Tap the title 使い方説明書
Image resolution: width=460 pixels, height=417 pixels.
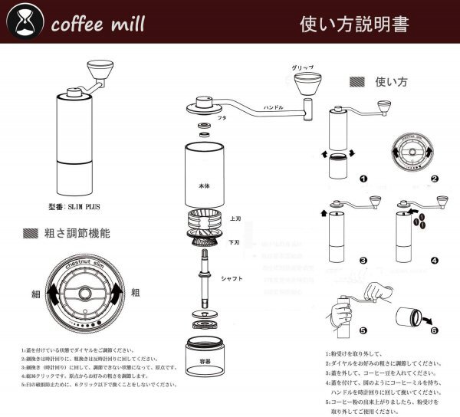click(353, 23)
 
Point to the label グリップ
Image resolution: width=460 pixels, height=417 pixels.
click(301, 68)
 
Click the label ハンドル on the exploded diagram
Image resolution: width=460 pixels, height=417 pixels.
click(274, 109)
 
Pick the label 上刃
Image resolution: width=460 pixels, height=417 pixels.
click(236, 218)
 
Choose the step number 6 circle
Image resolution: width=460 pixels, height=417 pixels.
click(435, 331)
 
